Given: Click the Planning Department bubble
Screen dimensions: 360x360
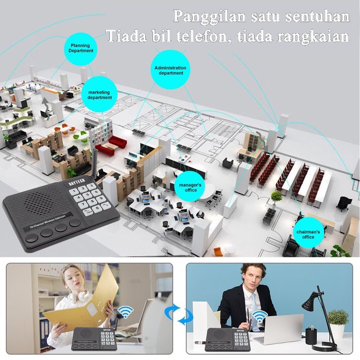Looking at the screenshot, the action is [x=80, y=48].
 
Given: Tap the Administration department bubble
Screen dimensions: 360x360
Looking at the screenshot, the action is [x=171, y=70].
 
